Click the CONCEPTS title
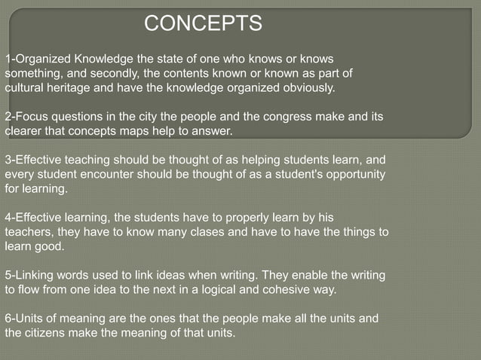pyautogui.click(x=203, y=24)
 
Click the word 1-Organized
pyautogui.click(x=38, y=59)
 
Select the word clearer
pyautogui.click(x=25, y=131)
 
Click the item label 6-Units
pyautogui.click(x=24, y=319)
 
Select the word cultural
pyautogui.click(x=25, y=87)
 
